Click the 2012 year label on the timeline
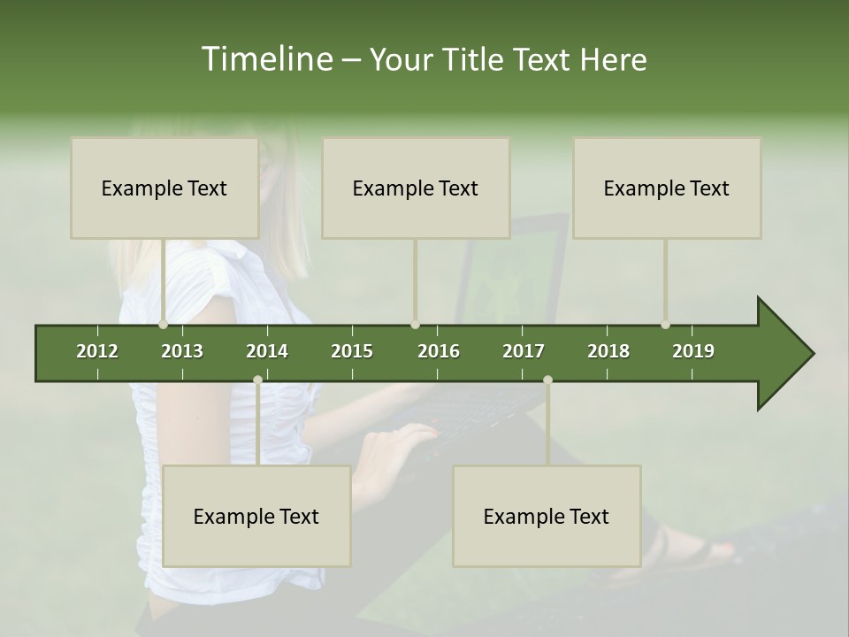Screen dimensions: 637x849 coord(97,351)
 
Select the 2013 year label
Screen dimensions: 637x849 coord(182,351)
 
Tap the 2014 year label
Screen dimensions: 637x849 coord(267,351)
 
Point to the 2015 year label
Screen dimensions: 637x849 coord(352,351)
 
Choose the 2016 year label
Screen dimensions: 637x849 coord(439,351)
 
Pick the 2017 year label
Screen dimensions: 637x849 coord(524,351)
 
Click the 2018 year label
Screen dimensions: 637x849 coord(608,351)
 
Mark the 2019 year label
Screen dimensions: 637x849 coord(693,351)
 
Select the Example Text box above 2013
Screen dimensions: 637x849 coord(164,188)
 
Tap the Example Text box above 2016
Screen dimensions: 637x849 coord(416,188)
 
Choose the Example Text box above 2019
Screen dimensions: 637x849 coord(667,188)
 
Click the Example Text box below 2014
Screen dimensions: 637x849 coord(256,516)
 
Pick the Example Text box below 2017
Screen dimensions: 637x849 coord(547,516)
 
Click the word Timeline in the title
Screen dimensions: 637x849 coord(264,59)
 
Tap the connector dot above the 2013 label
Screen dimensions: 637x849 coord(164,324)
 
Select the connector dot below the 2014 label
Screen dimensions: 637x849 coord(257,380)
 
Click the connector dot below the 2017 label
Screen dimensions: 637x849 coord(547,380)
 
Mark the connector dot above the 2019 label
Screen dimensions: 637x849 coord(666,324)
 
